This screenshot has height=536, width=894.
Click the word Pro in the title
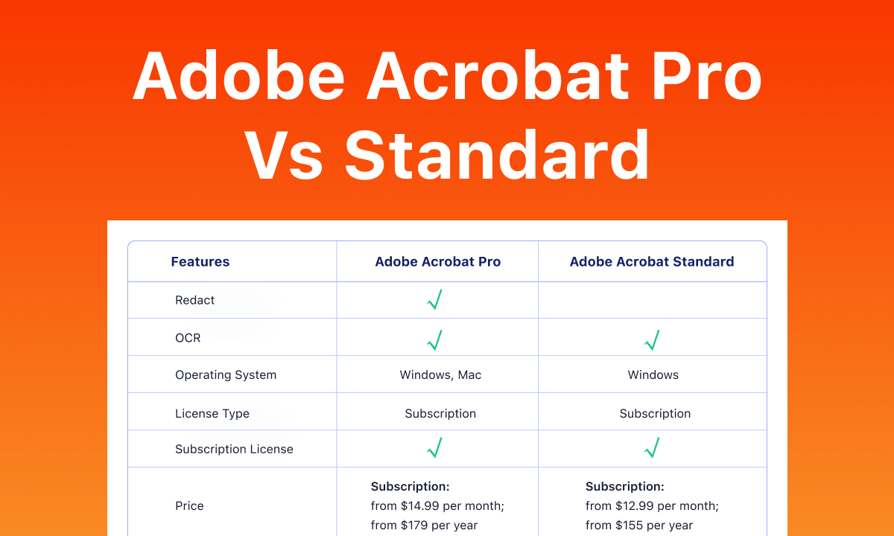coord(706,76)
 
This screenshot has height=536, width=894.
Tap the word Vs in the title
coord(283,155)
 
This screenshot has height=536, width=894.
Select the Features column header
coord(200,261)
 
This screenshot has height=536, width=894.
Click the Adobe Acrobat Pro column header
coord(438,261)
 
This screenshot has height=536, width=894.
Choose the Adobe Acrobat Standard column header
coord(652,261)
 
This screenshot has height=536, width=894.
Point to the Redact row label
coord(194,300)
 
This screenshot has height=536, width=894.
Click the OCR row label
coord(188,338)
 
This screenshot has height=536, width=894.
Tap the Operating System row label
coord(226,375)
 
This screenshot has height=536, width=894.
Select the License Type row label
coord(212,414)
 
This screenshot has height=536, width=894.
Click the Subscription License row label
coord(234,449)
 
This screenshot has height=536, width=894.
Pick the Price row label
coord(189,505)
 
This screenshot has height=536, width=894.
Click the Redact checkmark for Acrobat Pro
coord(434,299)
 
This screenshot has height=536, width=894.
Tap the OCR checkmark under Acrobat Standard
coord(652,340)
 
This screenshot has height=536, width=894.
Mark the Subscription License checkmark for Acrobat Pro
coord(434,447)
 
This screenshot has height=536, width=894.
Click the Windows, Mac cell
coord(440,375)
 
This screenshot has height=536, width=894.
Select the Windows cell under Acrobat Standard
coord(653,375)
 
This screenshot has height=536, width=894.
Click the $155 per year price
coord(654,526)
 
